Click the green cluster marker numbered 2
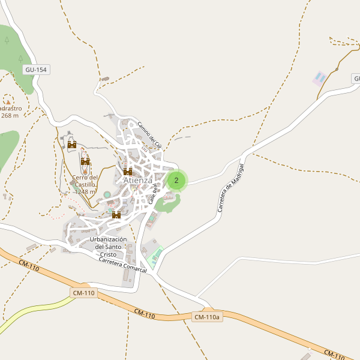(x=176, y=180)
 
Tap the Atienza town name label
(x=137, y=180)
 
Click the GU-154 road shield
(x=36, y=70)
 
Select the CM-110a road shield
(x=208, y=317)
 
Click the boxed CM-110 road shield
(x=83, y=293)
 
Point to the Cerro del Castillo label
(x=85, y=181)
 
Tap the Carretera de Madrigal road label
(x=231, y=187)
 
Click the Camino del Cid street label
(x=149, y=136)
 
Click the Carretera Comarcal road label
(x=122, y=266)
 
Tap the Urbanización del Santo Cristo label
(x=108, y=247)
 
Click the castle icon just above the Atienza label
(x=128, y=172)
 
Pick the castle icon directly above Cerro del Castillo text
(x=85, y=161)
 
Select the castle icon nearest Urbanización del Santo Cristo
(x=116, y=215)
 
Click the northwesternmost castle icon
(x=72, y=145)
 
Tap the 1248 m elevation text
(x=85, y=192)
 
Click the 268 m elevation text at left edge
(x=10, y=116)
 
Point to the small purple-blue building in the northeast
(x=320, y=78)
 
